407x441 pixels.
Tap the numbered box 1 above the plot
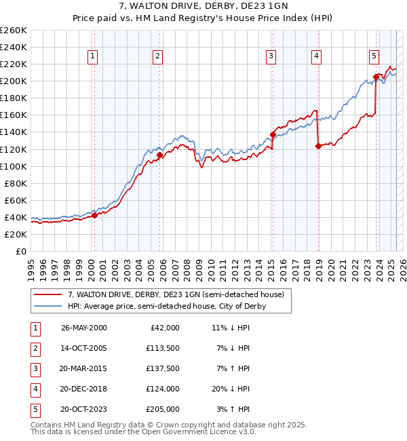92,56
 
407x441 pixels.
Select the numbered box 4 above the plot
316,56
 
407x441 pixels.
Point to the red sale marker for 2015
273,134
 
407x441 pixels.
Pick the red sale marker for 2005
160,155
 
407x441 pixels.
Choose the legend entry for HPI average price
166,306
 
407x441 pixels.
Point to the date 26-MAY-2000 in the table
83,328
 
